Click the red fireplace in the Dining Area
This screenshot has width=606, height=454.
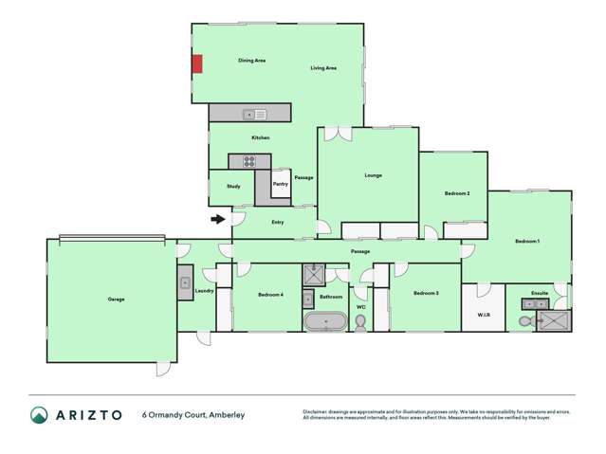pos(197,64)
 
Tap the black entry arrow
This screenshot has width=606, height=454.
pos(217,220)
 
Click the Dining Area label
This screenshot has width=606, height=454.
pos(251,61)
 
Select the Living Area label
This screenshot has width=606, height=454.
pos(324,68)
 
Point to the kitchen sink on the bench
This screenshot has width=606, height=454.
pos(254,115)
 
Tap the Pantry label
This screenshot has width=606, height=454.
pos(281,184)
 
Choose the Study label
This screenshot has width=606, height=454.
pos(233,186)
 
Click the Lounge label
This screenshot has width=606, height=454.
pos(373,175)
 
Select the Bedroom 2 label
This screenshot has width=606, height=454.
pos(457,193)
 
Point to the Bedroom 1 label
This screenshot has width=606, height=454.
pos(527,242)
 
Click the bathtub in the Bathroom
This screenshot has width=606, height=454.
pos(325,321)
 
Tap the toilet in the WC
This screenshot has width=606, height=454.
pos(360,322)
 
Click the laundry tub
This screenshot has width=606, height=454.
pos(185,282)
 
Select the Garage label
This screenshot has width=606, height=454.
pos(116,300)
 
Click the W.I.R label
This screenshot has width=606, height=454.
pos(483,316)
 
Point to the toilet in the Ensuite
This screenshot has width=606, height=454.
pos(526,321)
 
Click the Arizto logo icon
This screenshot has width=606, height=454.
pos(39,415)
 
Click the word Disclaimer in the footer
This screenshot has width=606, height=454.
pos(318,411)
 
